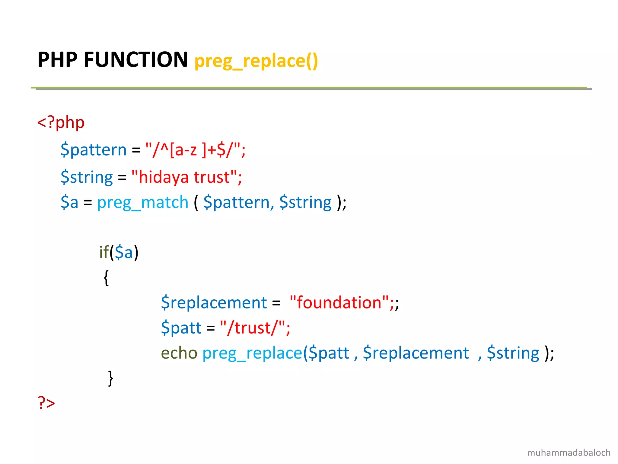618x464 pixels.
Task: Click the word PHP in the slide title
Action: (x=57, y=60)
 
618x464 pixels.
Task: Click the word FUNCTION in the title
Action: (x=136, y=60)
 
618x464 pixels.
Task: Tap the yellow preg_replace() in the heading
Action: (x=256, y=61)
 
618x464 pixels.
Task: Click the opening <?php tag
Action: (x=61, y=123)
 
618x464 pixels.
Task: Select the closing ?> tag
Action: (x=46, y=403)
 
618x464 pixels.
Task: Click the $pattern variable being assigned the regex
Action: (x=94, y=150)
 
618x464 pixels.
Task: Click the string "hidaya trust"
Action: (x=184, y=177)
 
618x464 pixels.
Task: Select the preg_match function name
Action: (x=143, y=203)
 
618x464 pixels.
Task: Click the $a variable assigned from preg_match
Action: (x=69, y=203)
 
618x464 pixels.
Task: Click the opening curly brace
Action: (x=106, y=278)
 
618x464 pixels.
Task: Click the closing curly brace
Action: (x=111, y=378)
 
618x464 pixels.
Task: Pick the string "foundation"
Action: (x=339, y=303)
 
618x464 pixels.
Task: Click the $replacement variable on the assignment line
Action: (x=214, y=303)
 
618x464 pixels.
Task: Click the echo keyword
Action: (x=179, y=353)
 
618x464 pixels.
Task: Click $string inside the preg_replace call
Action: (x=513, y=353)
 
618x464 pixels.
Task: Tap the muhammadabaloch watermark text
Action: (x=569, y=453)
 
